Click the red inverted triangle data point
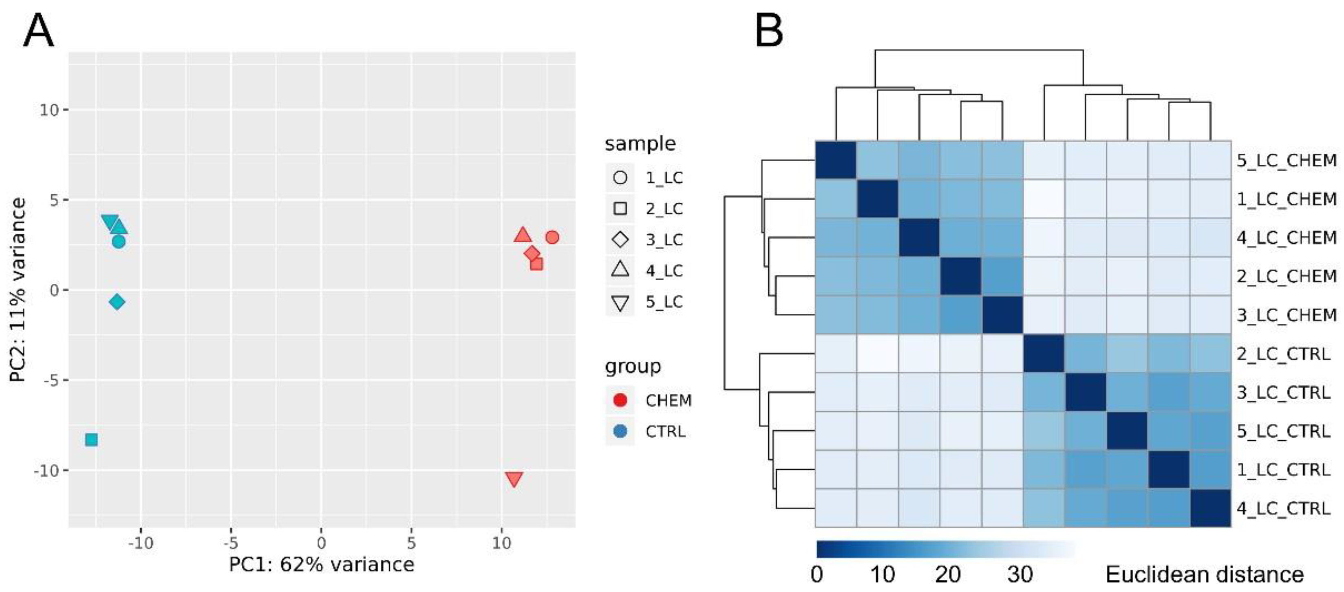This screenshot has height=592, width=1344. [x=514, y=478]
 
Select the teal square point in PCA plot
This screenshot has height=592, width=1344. [x=91, y=440]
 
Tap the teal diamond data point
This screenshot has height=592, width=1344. [x=117, y=302]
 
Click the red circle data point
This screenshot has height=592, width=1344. [x=552, y=237]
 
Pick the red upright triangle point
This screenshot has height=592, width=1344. [x=522, y=235]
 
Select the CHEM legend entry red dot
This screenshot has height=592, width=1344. [x=620, y=400]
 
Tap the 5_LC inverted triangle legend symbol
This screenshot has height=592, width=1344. [x=620, y=302]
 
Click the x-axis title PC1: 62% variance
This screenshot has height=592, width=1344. [x=321, y=564]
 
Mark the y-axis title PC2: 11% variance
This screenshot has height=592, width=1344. [x=18, y=290]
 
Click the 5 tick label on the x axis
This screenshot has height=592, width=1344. [x=411, y=543]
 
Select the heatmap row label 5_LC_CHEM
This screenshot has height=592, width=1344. [x=1286, y=160]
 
